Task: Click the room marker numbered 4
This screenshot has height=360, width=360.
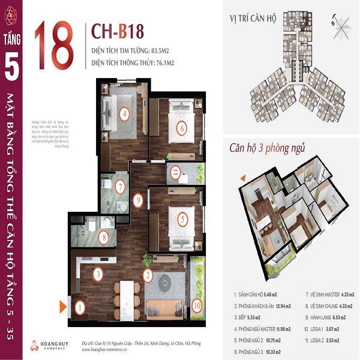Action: click(x=124, y=113)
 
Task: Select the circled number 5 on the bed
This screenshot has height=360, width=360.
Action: click(x=182, y=219)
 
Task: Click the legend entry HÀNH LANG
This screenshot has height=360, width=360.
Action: click(x=322, y=317)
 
